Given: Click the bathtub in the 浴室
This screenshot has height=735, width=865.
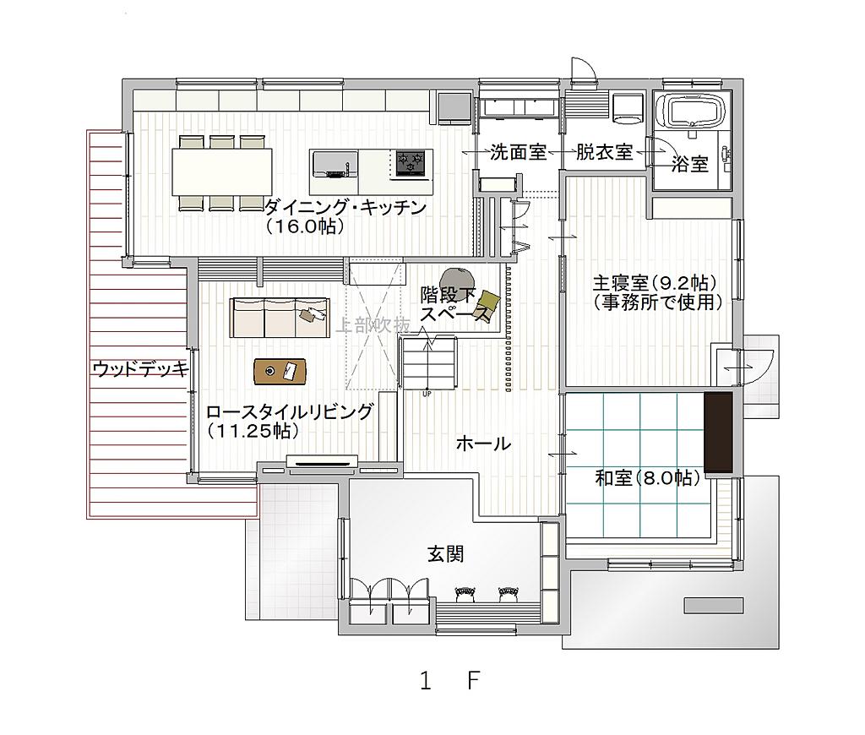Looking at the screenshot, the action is (695, 112).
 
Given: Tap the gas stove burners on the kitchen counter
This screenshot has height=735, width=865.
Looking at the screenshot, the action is (411, 163).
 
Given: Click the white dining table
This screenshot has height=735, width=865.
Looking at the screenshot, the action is (222, 171).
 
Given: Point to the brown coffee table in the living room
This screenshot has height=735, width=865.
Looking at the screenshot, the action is (280, 371).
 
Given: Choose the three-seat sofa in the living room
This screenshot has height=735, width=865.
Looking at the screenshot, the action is (280, 318).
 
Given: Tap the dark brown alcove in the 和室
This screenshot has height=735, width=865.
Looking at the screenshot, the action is (718, 432).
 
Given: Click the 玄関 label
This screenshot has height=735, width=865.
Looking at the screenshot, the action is (446, 553).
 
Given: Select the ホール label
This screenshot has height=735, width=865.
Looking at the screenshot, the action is (483, 443).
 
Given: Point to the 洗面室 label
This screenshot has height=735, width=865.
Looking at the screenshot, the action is (518, 152).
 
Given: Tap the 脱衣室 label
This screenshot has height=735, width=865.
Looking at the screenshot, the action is (604, 152).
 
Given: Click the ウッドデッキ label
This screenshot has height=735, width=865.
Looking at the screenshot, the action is (141, 369).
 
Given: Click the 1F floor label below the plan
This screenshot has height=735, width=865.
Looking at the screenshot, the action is (449, 681).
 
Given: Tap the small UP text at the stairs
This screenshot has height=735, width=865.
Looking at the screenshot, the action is (427, 394).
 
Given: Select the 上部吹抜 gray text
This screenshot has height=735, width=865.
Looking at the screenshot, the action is (373, 325).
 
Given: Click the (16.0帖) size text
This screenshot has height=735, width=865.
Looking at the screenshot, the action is (305, 226).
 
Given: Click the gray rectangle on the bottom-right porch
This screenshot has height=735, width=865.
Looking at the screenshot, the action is (713, 606).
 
